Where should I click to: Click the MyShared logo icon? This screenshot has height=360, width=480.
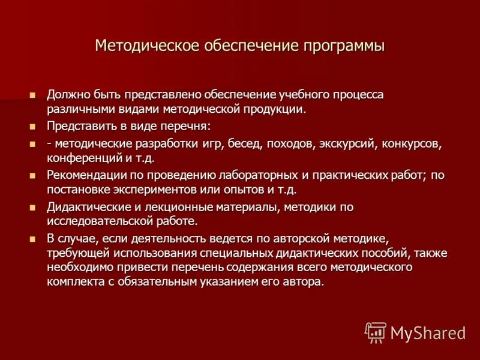click(x=376, y=332)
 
